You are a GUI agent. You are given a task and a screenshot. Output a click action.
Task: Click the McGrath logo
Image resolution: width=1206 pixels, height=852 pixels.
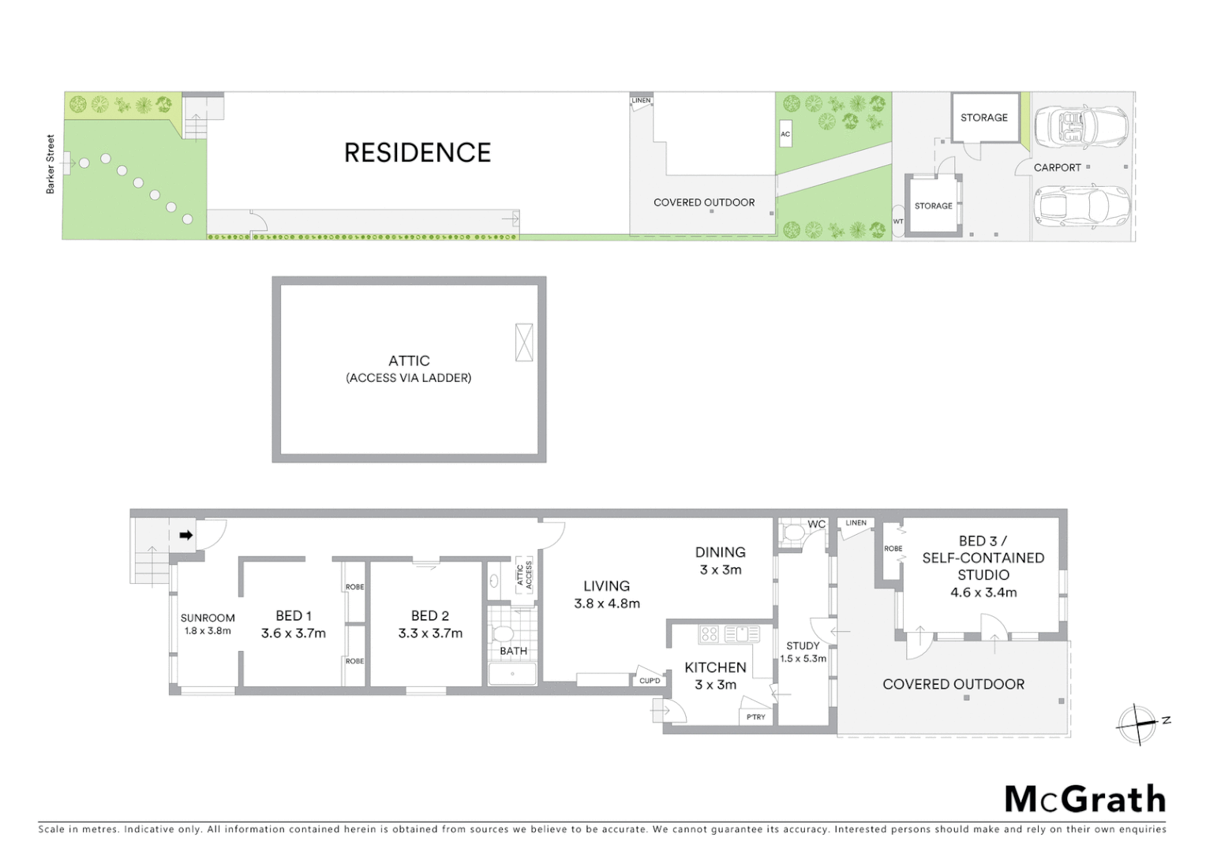[1084, 799]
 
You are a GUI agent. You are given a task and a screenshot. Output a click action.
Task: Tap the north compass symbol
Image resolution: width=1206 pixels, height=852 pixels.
[1137, 723]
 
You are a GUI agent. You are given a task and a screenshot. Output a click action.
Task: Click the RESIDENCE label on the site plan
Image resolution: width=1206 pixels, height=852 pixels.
[418, 152]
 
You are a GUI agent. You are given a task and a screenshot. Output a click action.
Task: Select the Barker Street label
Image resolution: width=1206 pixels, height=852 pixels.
[51, 164]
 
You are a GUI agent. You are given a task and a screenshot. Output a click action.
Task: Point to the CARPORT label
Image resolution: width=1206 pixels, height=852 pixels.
[1057, 167]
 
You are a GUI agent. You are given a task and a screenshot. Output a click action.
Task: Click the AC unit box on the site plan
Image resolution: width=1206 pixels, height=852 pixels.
[785, 134]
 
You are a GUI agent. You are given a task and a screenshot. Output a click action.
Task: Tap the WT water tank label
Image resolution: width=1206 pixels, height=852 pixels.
[898, 222]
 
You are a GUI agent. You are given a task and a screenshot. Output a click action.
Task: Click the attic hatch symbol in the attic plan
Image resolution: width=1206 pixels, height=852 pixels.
[524, 342]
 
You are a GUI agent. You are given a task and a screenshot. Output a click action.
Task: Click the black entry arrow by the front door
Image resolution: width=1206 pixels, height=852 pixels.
[186, 535]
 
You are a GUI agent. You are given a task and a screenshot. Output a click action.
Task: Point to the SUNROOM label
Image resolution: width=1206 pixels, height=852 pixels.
[208, 618]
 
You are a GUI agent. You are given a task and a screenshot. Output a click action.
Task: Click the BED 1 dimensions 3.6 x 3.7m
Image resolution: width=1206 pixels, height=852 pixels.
[294, 633]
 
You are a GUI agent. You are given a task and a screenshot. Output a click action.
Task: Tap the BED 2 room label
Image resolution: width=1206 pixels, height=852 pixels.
[430, 615]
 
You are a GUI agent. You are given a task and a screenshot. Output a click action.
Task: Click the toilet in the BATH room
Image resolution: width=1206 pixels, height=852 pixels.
[503, 633]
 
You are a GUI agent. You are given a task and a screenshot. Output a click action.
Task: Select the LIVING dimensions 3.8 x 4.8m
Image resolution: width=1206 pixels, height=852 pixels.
[607, 603]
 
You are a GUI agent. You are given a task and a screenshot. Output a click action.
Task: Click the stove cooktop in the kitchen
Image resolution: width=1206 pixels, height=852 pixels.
[710, 633]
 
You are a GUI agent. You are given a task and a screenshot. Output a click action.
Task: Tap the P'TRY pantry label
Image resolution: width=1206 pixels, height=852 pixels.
[756, 717]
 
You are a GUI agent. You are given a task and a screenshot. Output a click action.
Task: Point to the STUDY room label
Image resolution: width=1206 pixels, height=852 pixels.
[803, 645]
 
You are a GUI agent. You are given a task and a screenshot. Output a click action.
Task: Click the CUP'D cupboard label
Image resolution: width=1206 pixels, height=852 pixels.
[650, 681]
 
